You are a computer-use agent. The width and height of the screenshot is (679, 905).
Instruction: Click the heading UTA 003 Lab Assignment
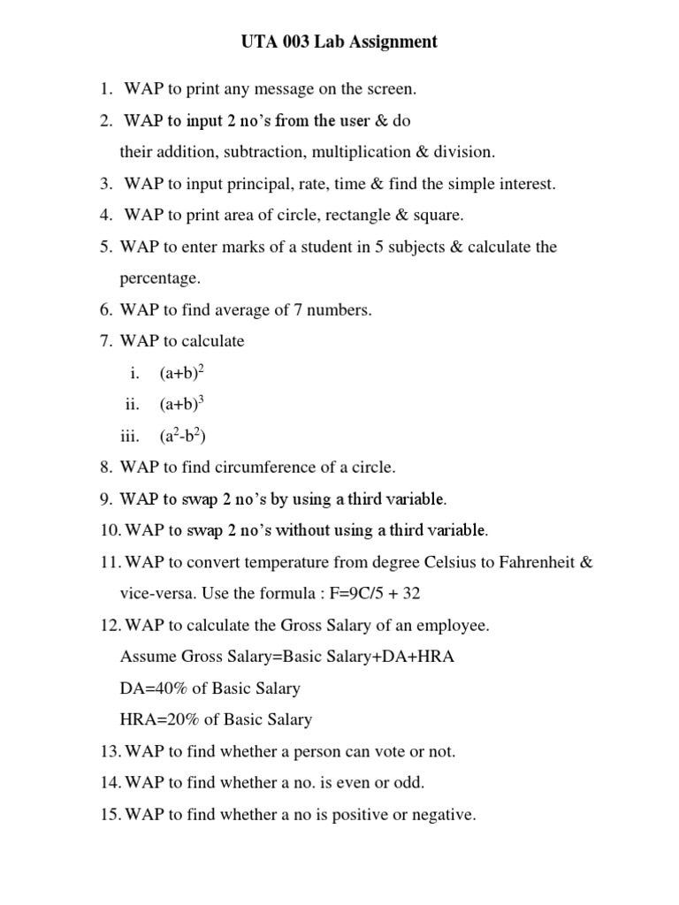pyautogui.click(x=339, y=42)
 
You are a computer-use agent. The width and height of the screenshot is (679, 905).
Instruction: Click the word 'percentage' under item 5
pyautogui.click(x=160, y=278)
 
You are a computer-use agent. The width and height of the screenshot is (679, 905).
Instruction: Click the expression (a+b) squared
pyautogui.click(x=182, y=373)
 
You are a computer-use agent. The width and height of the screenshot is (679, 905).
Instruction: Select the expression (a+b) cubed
pyautogui.click(x=182, y=405)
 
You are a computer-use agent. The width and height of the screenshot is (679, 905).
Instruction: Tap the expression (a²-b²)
pyautogui.click(x=183, y=436)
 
